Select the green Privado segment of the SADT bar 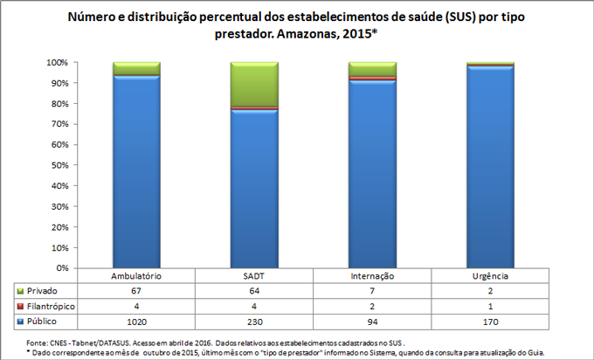tap(253, 84)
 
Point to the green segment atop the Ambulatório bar tap(136, 68)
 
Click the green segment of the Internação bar tap(372, 69)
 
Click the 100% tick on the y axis tap(57, 63)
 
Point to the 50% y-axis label tap(59, 165)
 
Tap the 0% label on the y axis tap(61, 267)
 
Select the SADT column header tap(253, 276)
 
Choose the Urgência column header tap(490, 276)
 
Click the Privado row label tap(43, 290)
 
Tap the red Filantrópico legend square tap(20, 306)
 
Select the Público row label tap(43, 322)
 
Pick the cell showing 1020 tap(136, 322)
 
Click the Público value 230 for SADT tap(253, 322)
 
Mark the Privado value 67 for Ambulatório tap(136, 290)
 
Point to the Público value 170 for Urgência tap(490, 322)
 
